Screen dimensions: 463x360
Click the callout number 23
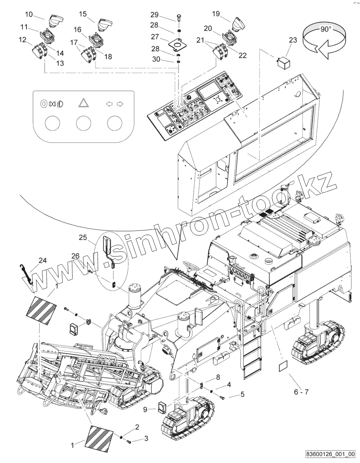[293, 40]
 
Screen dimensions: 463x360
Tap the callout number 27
[155, 37]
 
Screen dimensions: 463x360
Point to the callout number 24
[43, 260]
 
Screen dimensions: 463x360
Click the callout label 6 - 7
[301, 392]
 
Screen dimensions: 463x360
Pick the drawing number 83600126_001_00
[331, 454]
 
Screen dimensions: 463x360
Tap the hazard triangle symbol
[83, 103]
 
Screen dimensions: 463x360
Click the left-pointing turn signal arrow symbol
[110, 104]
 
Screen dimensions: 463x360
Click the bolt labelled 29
[178, 17]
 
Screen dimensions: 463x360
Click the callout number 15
[83, 14]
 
